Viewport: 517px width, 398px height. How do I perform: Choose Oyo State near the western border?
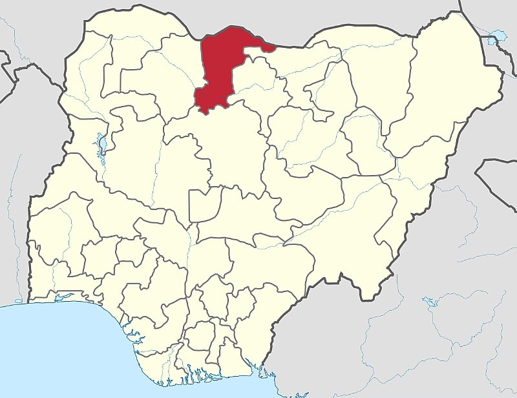[71, 233]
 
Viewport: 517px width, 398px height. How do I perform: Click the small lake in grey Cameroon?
[428, 301]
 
